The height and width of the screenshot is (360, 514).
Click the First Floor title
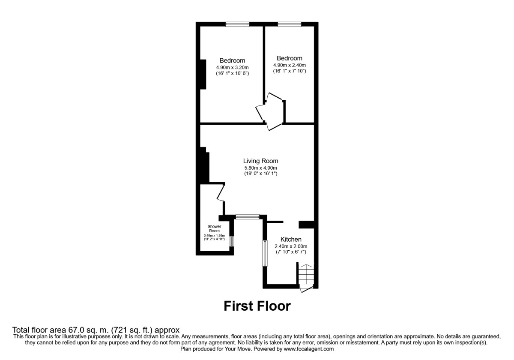tap(257, 306)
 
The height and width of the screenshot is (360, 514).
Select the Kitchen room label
tap(291, 239)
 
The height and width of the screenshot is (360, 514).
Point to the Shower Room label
tap(214, 228)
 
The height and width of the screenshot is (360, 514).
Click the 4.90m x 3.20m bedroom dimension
tap(233, 67)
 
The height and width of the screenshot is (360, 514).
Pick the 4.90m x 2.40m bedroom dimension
tap(290, 65)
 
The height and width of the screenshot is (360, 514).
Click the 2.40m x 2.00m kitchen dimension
tap(291, 246)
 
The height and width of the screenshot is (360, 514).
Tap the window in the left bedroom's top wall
tap(238, 24)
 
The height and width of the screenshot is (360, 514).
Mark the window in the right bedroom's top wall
tap(289, 24)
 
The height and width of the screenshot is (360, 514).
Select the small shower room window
tap(231, 241)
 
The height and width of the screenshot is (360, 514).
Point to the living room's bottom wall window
tap(248, 217)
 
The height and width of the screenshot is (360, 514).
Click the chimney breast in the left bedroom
tap(203, 74)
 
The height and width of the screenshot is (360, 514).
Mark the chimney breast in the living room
tap(204, 165)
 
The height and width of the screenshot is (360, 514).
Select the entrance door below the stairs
tap(307, 289)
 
